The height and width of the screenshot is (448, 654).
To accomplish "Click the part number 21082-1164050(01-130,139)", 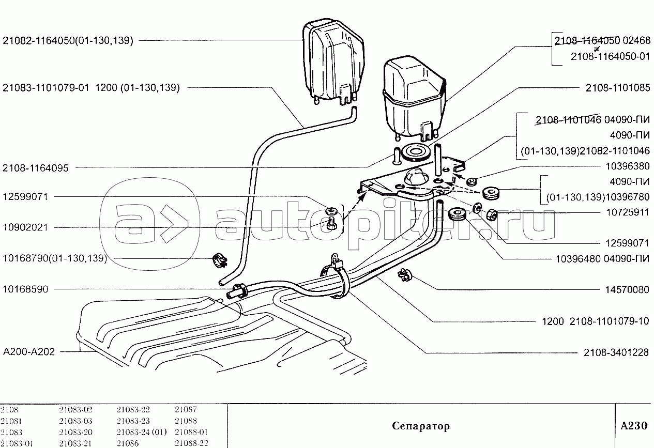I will (68, 40).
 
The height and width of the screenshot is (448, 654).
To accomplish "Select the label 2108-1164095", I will (39, 168).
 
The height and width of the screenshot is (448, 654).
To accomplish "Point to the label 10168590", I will (25, 289).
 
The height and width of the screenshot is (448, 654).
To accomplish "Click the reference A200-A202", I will (29, 351).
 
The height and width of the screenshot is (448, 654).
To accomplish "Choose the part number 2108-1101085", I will (618, 88).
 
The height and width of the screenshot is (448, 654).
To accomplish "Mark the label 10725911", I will (627, 212).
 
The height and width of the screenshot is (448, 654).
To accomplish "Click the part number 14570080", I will (627, 290).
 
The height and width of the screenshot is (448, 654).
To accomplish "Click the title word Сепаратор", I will (420, 426).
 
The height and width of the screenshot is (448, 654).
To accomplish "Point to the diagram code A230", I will (633, 426).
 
